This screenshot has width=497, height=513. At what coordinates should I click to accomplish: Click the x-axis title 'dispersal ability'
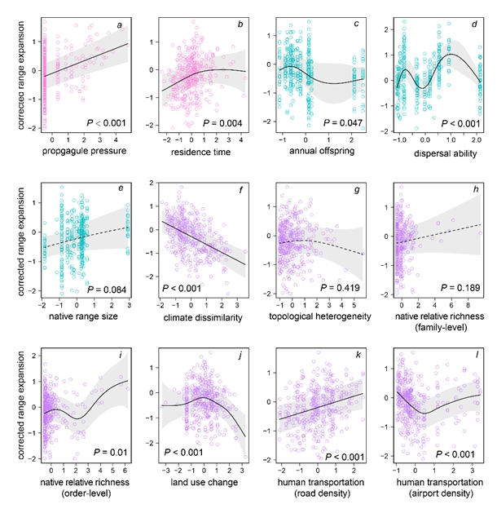tap(438, 153)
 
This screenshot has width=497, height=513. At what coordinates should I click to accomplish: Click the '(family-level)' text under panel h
tap(437, 329)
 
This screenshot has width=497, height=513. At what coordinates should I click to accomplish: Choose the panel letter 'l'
tap(474, 354)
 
